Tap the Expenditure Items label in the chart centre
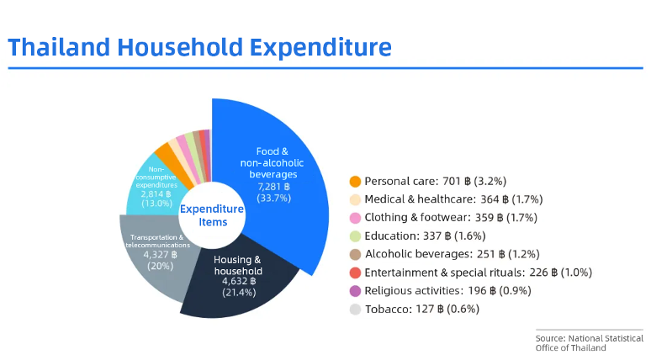[x=213, y=215]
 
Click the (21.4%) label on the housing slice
[x=237, y=293]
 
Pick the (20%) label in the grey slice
[x=156, y=266]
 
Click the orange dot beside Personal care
[x=355, y=181]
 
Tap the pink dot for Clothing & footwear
[x=355, y=218]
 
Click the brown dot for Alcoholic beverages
[x=355, y=254]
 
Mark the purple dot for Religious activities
[x=355, y=290]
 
